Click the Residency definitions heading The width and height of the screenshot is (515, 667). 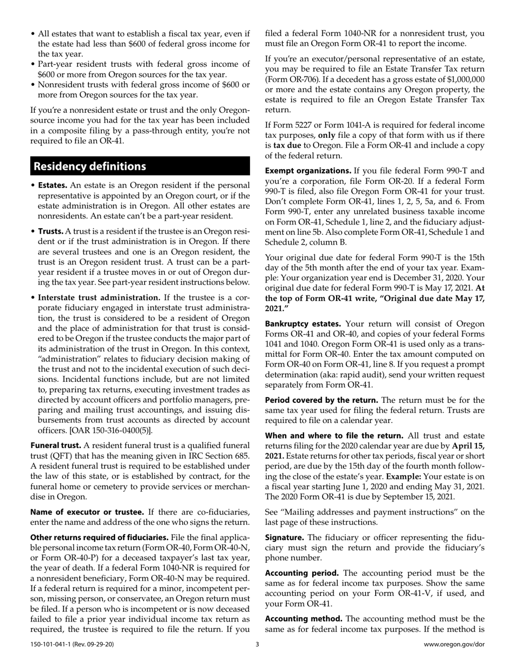tap(90, 166)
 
